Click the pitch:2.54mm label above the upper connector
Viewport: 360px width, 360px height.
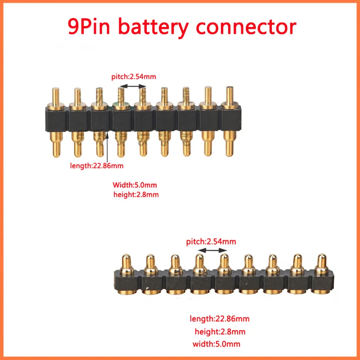point(134,77)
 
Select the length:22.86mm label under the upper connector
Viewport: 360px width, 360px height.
point(96,166)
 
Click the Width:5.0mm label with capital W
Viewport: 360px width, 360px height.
point(135,185)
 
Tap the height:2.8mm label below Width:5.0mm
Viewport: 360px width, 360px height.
point(136,195)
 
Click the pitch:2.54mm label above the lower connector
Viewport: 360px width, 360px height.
point(211,242)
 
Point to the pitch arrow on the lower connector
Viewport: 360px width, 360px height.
point(210,250)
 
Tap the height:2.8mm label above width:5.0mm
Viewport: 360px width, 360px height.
point(220,332)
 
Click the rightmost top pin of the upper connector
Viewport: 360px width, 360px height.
point(229,95)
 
